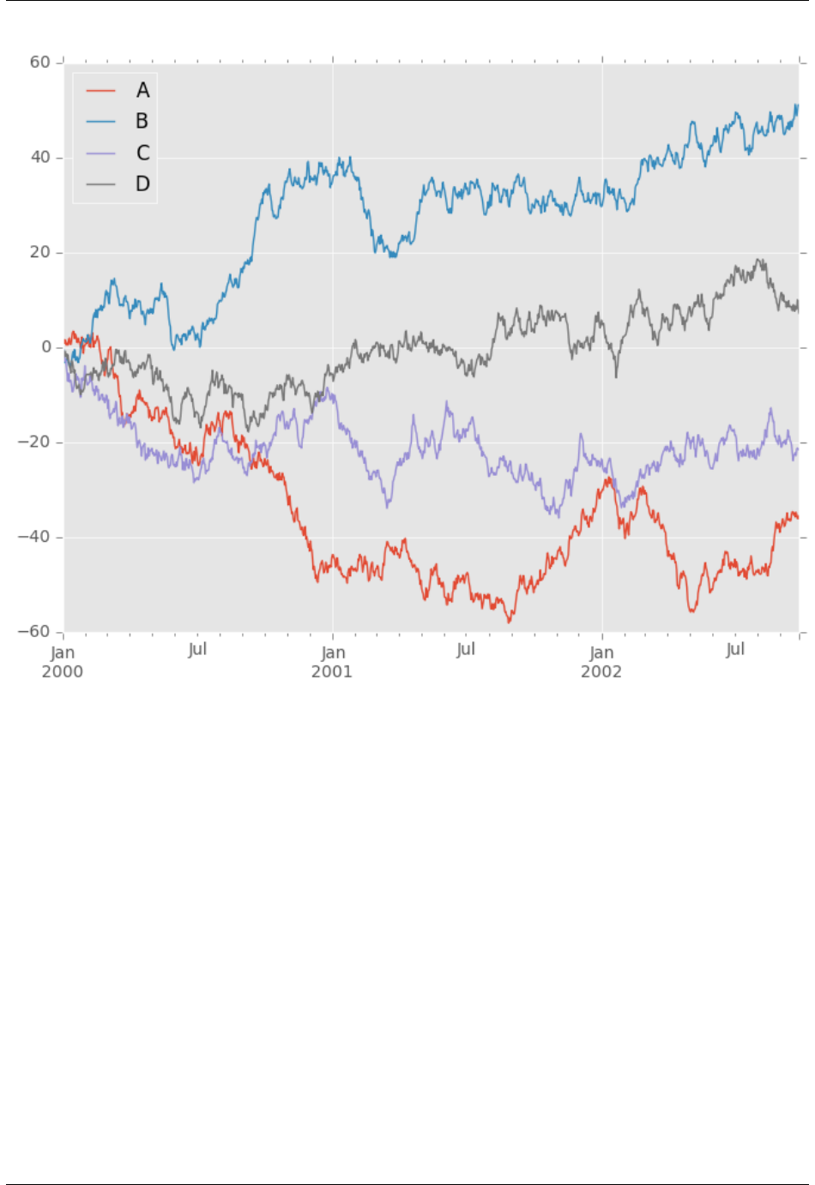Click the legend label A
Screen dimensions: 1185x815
click(142, 90)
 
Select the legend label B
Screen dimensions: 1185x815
click(142, 122)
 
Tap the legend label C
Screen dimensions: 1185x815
click(142, 153)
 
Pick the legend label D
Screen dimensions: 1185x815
click(142, 184)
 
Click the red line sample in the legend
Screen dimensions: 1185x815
click(101, 91)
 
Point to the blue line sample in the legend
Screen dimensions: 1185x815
click(101, 122)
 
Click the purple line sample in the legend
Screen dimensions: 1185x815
click(101, 153)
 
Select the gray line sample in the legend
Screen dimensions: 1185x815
click(101, 184)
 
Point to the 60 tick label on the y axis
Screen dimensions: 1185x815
click(40, 63)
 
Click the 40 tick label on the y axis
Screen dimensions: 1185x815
click(40, 158)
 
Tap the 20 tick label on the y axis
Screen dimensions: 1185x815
click(40, 253)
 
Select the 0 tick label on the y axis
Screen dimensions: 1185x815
click(46, 347)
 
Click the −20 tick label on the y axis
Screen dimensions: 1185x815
click(34, 442)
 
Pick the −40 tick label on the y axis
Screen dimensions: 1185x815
click(34, 538)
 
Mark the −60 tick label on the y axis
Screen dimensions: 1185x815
click(34, 632)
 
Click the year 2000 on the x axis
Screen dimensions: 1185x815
click(63, 671)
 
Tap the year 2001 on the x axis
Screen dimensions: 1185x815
click(332, 671)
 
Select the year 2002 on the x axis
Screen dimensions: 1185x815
click(601, 671)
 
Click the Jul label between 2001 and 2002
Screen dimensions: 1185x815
click(466, 649)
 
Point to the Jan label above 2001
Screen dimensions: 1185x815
click(333, 653)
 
